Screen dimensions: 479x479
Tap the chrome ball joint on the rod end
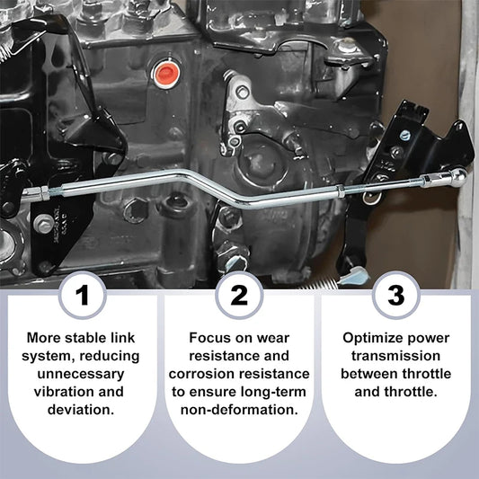458,178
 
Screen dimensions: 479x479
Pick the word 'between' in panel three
369,373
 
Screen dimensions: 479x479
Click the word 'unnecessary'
84,373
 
